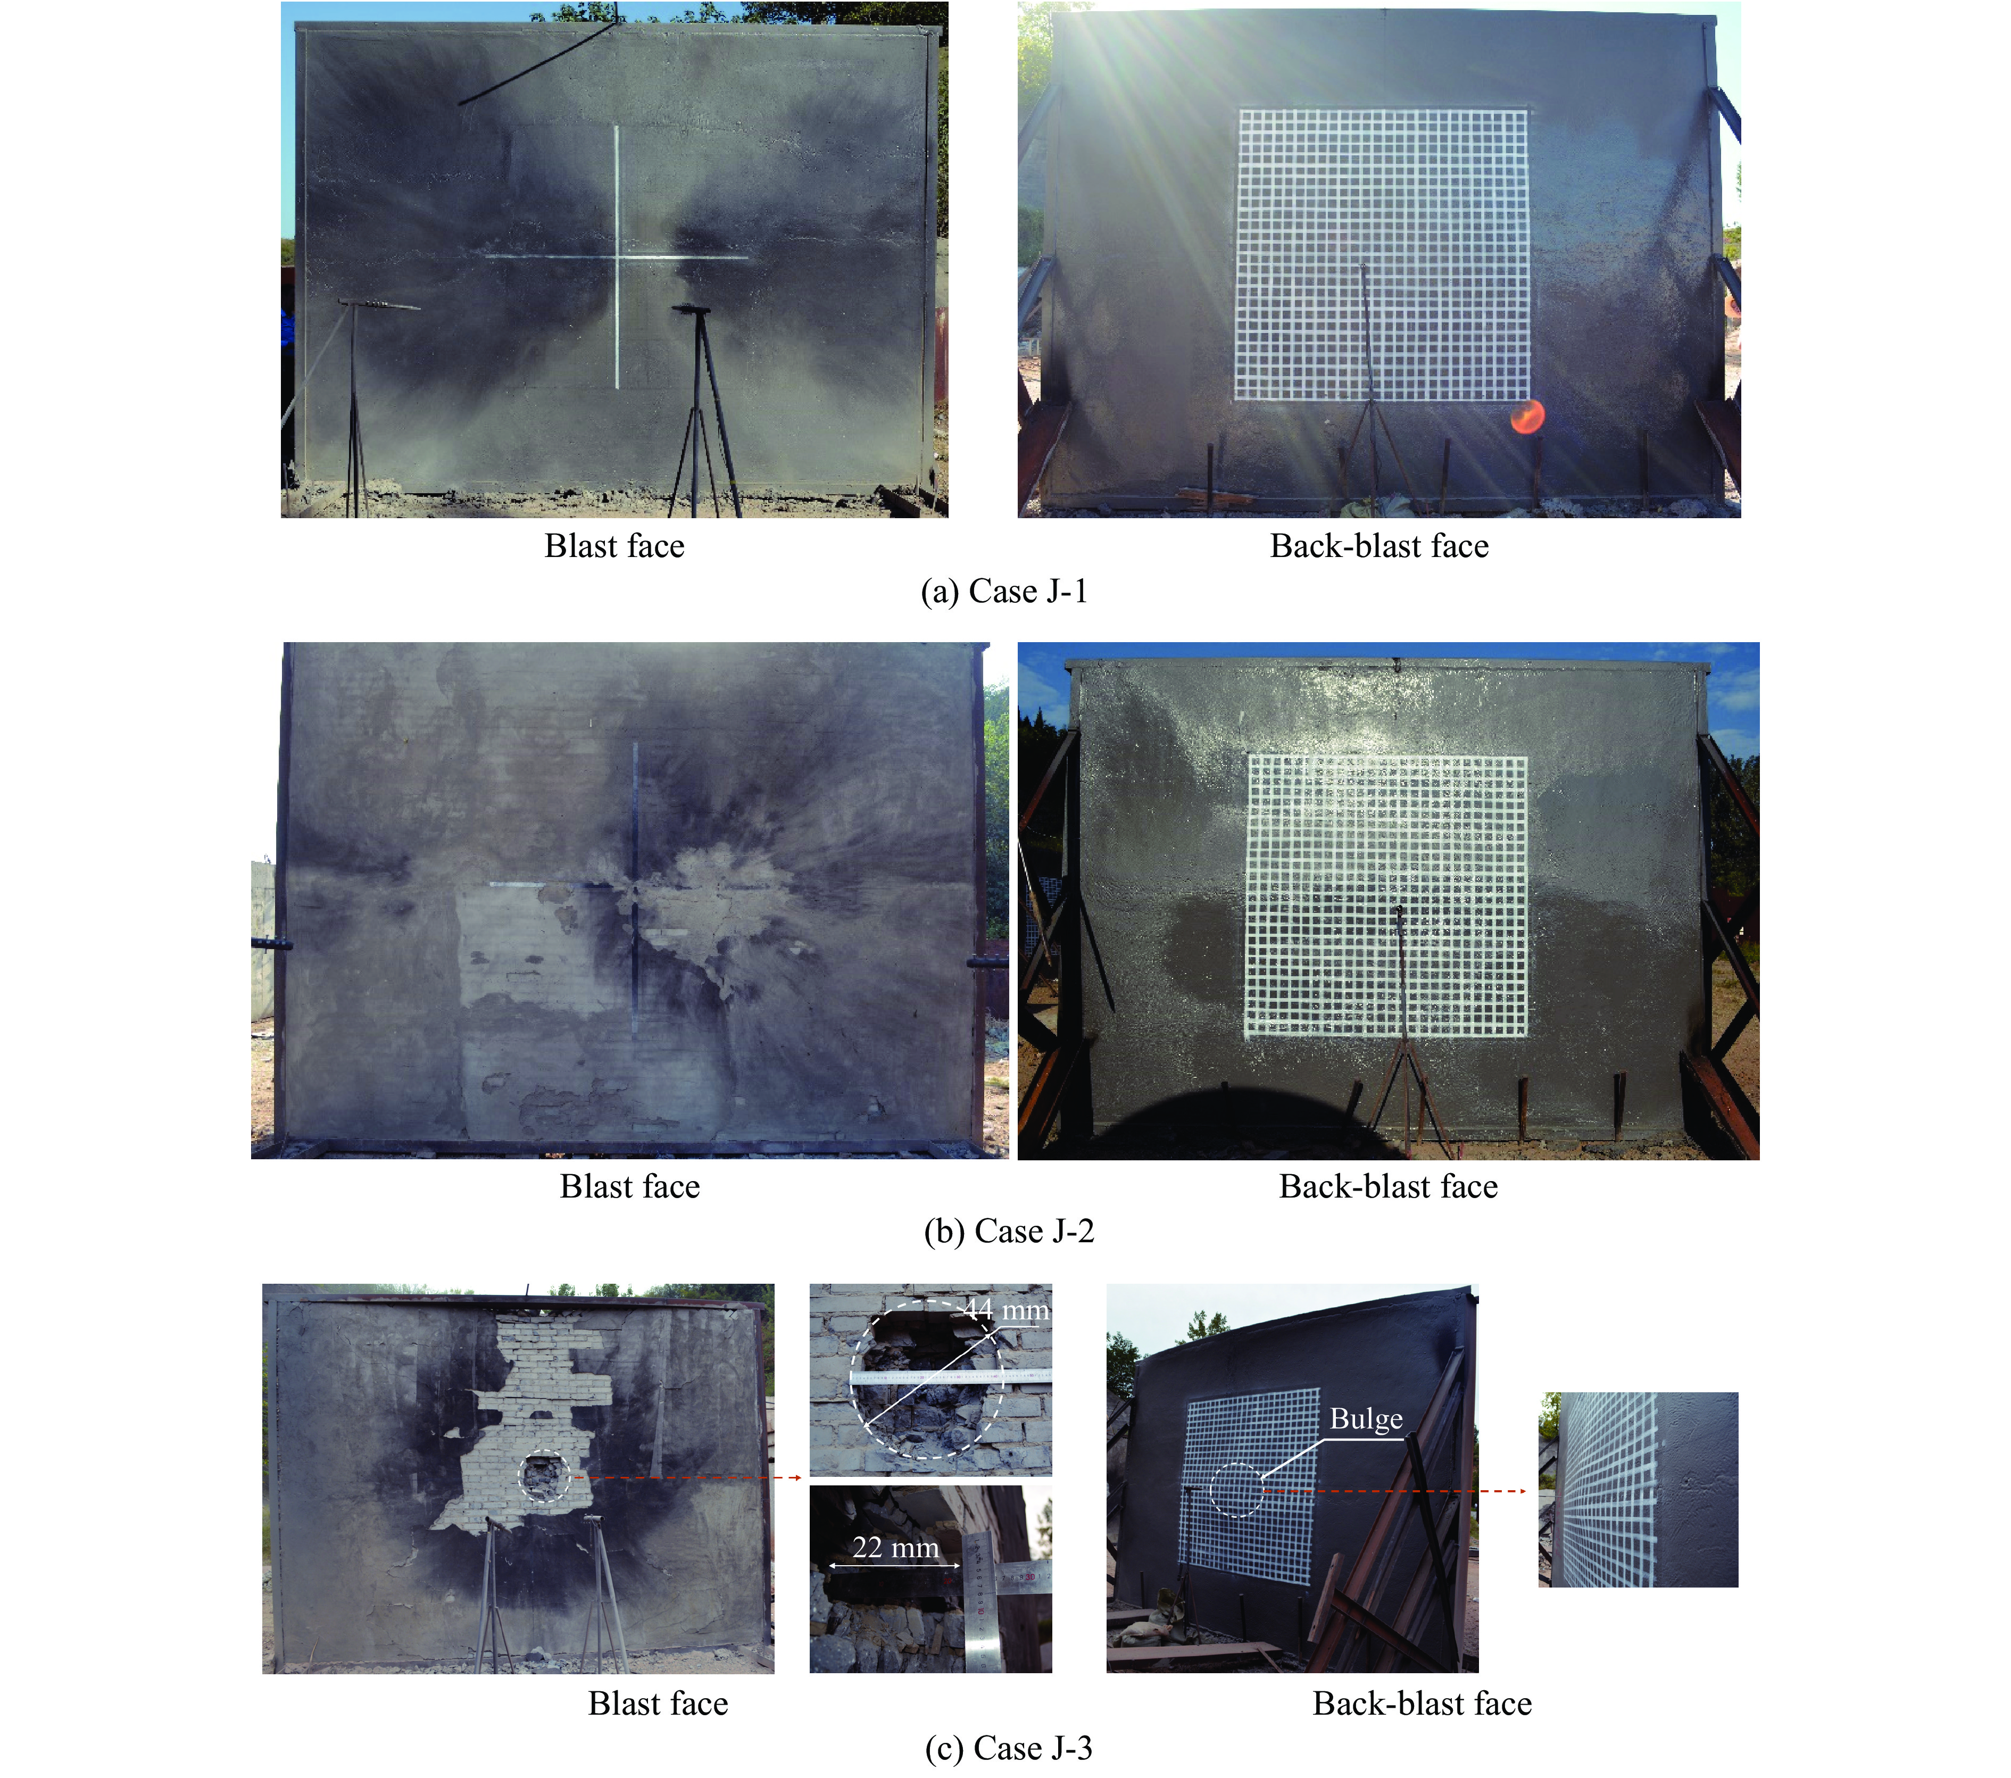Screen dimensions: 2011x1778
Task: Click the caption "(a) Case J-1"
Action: (1004, 592)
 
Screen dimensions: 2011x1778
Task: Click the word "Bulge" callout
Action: (1367, 1419)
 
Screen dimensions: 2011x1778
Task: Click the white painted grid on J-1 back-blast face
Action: (1382, 255)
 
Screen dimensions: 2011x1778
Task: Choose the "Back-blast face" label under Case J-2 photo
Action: (1388, 1186)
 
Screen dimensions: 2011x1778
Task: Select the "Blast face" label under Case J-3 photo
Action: (658, 1703)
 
